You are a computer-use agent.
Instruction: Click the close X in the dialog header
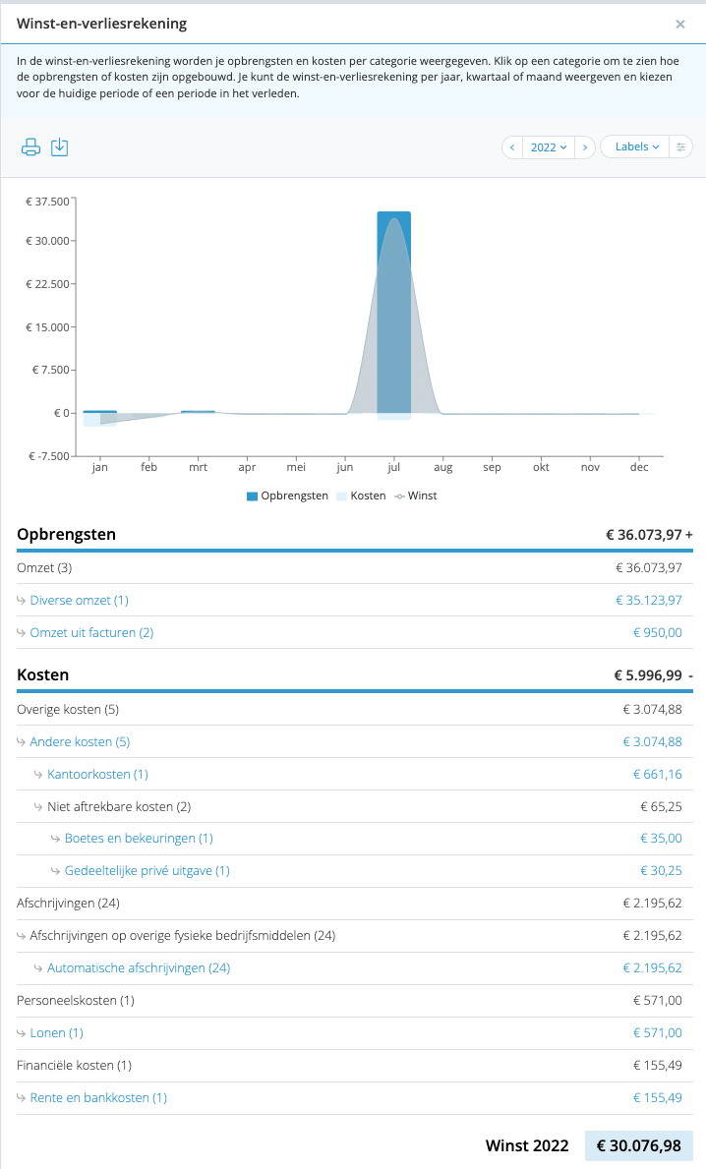click(x=679, y=24)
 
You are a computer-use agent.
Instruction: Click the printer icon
click(x=30, y=146)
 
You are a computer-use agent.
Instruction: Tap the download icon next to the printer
click(x=60, y=146)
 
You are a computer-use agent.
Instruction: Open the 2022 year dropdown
click(x=549, y=146)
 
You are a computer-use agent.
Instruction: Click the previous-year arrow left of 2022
click(x=512, y=146)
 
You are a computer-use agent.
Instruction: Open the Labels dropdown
click(x=636, y=146)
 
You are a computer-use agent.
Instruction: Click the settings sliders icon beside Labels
click(x=680, y=146)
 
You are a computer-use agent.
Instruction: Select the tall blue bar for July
click(x=393, y=313)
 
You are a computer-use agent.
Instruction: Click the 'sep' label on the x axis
click(x=492, y=467)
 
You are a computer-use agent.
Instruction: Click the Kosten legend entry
click(x=362, y=496)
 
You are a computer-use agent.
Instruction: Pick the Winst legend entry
click(x=416, y=496)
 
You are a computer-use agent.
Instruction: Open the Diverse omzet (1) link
click(x=79, y=600)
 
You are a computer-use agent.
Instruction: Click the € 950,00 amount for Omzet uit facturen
click(x=658, y=633)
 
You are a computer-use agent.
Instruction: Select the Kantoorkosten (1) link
click(x=97, y=775)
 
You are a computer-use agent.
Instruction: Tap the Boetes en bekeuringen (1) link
click(x=139, y=839)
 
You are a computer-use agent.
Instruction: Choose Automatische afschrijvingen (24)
click(x=139, y=968)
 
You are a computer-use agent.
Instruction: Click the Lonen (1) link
click(x=57, y=1033)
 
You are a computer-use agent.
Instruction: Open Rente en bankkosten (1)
click(x=98, y=1098)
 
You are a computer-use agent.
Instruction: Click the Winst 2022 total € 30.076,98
click(x=639, y=1145)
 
